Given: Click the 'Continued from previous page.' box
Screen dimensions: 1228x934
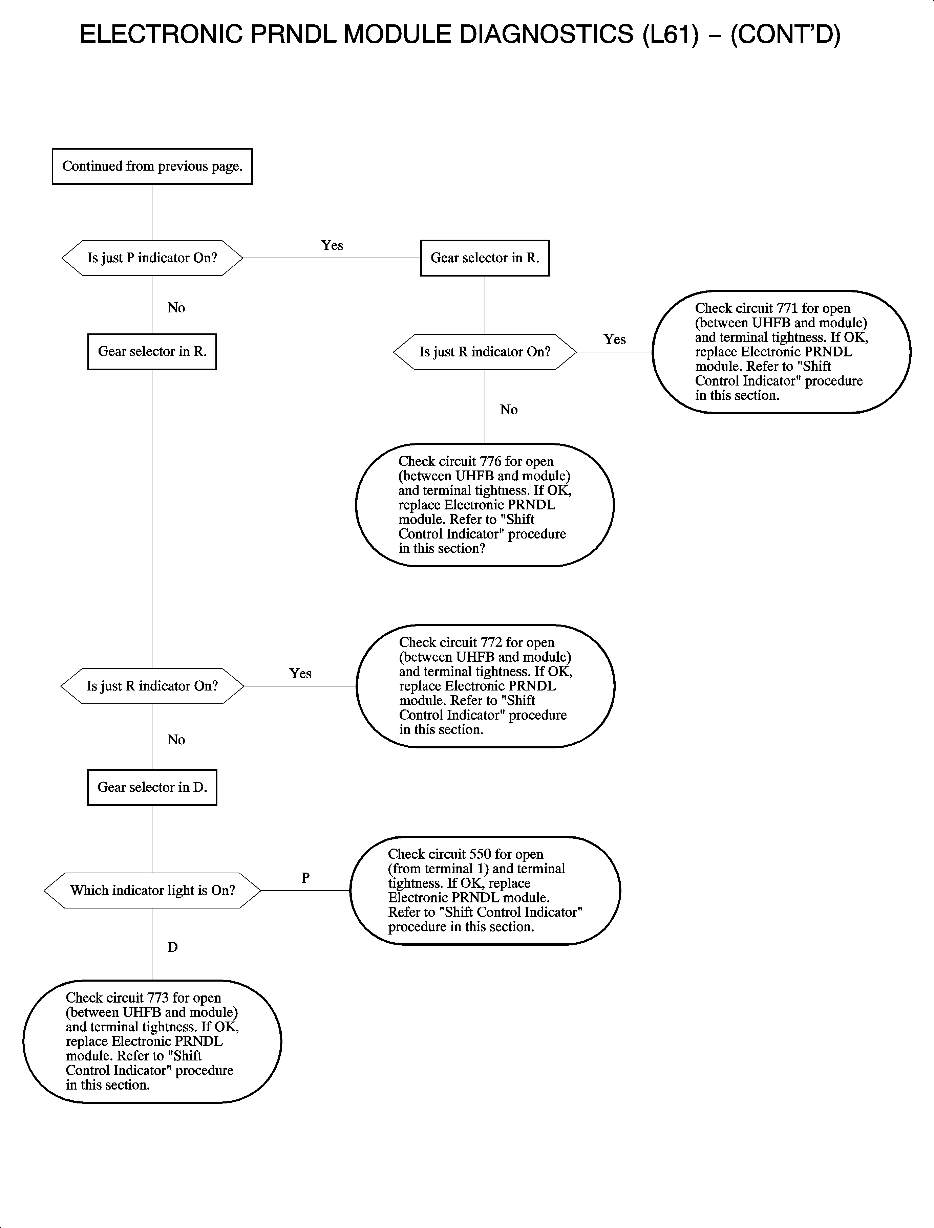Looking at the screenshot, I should pos(152,166).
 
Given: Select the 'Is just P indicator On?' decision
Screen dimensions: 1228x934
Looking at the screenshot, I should pos(152,258).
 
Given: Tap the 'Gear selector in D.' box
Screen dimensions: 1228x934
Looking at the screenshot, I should pos(152,787).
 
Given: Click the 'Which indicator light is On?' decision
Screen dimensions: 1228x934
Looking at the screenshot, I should pos(152,890).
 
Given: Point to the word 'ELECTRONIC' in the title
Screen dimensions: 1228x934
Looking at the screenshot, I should pos(161,35).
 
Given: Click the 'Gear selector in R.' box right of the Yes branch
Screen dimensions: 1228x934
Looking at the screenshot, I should pos(485,258).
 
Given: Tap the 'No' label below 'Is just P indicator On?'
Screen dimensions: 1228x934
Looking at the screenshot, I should pos(176,308).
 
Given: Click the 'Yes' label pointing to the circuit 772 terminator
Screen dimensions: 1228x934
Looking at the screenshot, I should pos(300,674).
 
